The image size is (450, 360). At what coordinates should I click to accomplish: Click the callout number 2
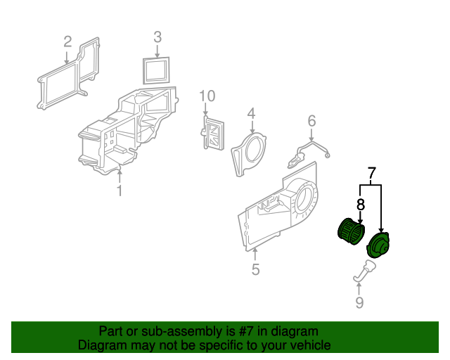click(67, 42)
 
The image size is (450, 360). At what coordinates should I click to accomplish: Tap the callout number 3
click(157, 37)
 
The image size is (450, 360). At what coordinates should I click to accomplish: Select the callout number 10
click(207, 96)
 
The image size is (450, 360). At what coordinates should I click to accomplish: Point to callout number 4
click(251, 113)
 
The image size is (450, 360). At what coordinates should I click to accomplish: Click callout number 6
click(311, 121)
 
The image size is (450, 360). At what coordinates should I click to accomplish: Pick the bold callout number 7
click(371, 173)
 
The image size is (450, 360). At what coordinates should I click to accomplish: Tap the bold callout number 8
click(361, 205)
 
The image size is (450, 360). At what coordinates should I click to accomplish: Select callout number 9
click(359, 302)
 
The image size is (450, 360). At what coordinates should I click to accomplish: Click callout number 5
click(255, 269)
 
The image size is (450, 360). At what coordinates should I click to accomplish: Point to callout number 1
click(120, 191)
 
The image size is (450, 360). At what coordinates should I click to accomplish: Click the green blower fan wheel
click(352, 231)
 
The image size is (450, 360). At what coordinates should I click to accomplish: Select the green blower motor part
click(378, 245)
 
